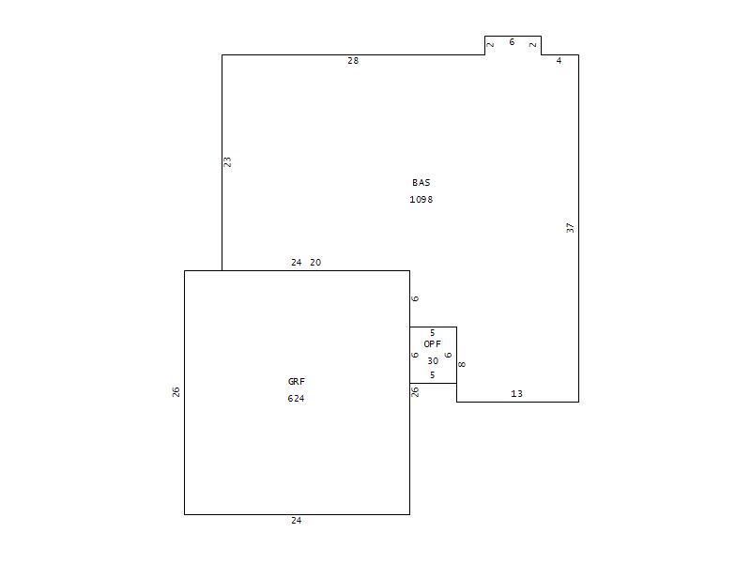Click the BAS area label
pos(421,182)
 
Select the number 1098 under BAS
pos(421,199)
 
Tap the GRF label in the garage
pos(296,382)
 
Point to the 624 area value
pos(296,398)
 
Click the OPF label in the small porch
pos(432,343)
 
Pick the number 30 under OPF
pos(433,361)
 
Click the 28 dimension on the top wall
pos(353,61)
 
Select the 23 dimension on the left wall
pos(227,161)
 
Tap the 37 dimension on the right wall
pos(570,228)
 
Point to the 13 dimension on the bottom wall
pos(516,393)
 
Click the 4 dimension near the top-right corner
pos(559,61)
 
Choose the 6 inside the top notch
pos(512,42)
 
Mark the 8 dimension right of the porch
pos(462,364)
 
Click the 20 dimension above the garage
pos(315,263)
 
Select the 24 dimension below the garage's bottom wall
pos(297,521)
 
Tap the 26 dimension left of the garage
pos(176,392)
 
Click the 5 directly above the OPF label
pos(432,333)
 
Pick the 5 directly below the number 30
pos(432,374)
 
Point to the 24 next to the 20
pos(297,263)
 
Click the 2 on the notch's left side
pos(491,45)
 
